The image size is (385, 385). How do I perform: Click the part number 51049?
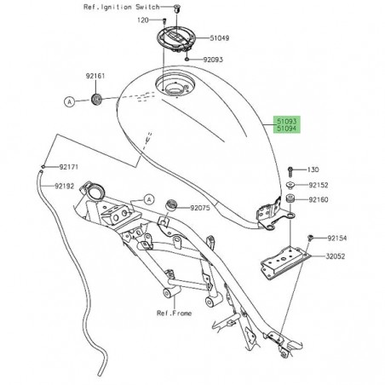pyautogui.click(x=220, y=39)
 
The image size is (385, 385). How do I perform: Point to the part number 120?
pyautogui.click(x=142, y=19)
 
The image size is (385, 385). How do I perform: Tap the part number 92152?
pyautogui.click(x=319, y=185)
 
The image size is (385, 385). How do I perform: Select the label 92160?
pyautogui.click(x=319, y=199)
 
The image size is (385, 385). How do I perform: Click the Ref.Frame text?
pyautogui.click(x=173, y=313)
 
